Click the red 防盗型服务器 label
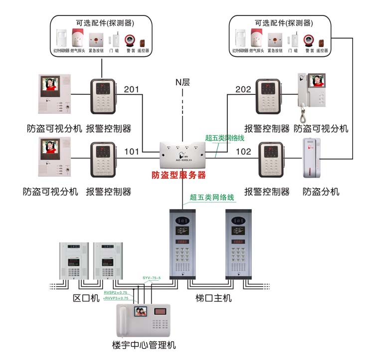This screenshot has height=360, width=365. [x=179, y=175]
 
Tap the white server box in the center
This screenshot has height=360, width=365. [x=182, y=154]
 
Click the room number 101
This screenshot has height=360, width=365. [x=132, y=151]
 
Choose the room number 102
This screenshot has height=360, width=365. [x=243, y=151]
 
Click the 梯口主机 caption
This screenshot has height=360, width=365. [x=213, y=298]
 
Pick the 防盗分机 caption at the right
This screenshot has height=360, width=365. [x=321, y=192]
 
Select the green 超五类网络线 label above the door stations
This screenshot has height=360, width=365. [x=212, y=197]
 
